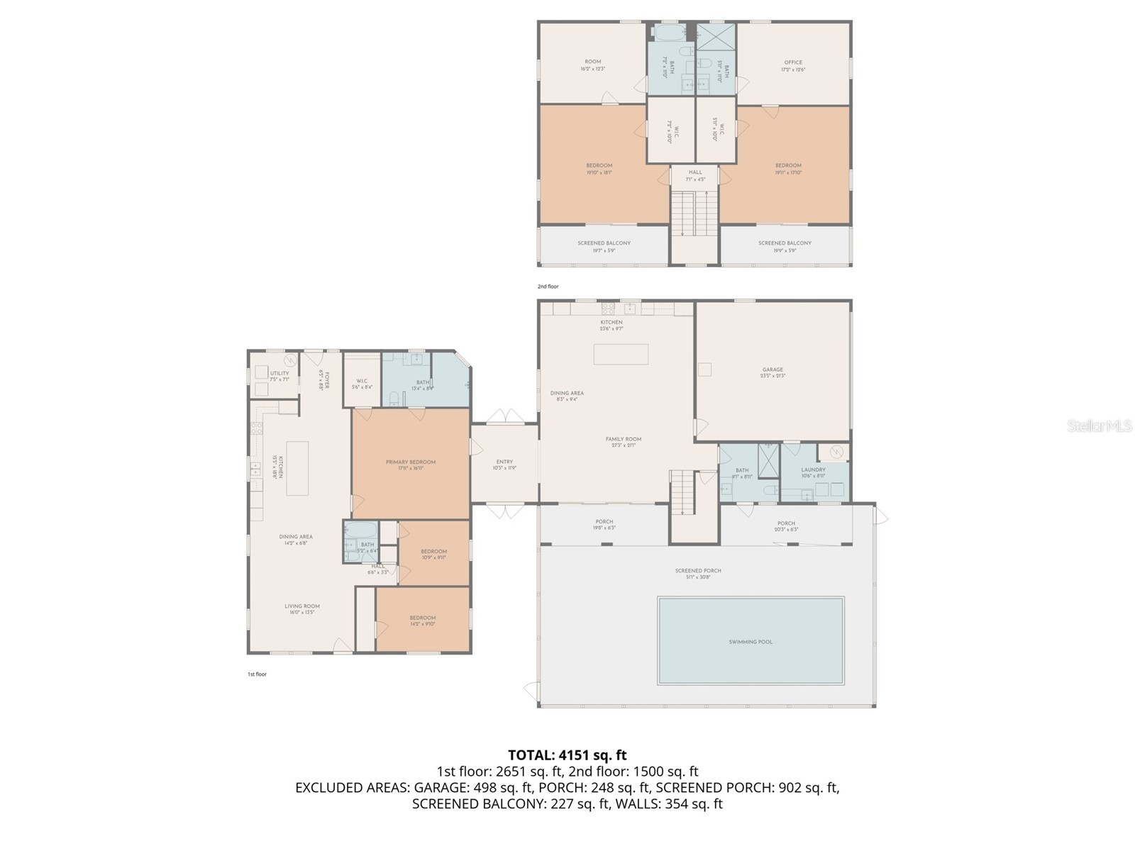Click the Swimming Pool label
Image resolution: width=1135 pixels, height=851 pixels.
pos(751,642)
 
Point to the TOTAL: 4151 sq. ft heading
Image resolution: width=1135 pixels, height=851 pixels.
pos(567,755)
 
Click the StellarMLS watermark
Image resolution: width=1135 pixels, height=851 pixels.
pos(1100,425)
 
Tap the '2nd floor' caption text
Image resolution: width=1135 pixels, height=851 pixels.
pos(548,287)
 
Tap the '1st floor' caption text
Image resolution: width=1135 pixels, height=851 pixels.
pos(257,674)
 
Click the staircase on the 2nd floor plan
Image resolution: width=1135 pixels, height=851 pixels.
pos(695,213)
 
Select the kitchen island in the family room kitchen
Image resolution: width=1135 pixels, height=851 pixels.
pos(621,354)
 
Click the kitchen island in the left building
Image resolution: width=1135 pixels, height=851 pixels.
pos(297,468)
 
